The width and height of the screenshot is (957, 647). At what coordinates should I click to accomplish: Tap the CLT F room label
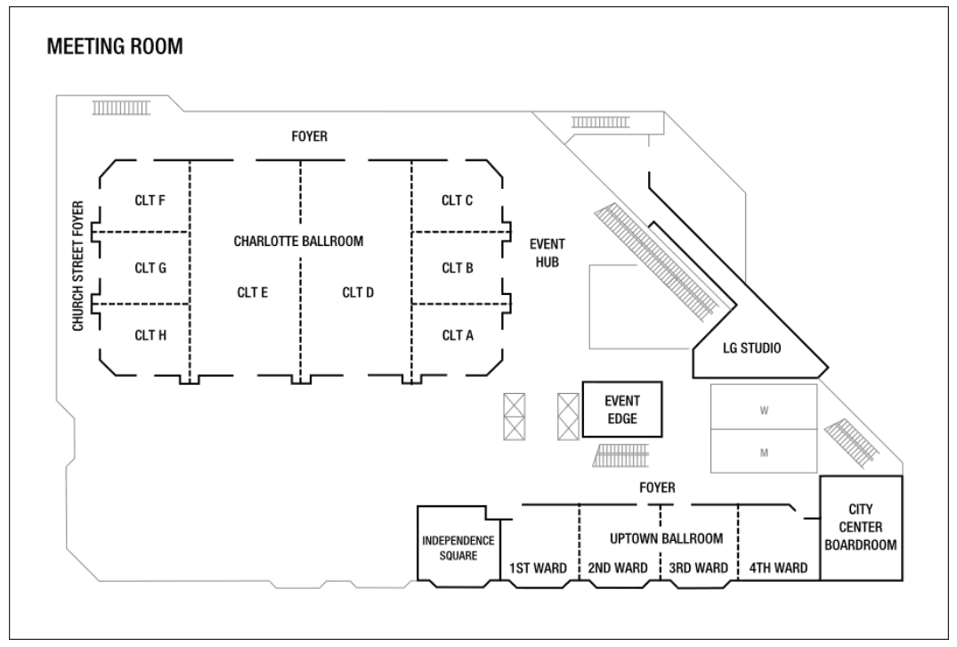pos(150,201)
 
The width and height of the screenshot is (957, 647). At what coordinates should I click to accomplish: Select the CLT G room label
pos(150,267)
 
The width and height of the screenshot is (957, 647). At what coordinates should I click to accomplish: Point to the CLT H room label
pos(150,335)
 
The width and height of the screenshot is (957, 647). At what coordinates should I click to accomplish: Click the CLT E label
pos(253,291)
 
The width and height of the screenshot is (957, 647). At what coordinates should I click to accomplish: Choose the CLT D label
pos(358,291)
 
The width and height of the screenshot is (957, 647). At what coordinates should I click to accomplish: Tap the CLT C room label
pos(457,201)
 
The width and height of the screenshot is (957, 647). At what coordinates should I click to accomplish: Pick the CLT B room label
pos(457,267)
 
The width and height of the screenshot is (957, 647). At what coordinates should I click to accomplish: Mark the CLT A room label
pos(457,335)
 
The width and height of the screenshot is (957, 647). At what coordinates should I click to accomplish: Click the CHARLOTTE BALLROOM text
pos(299,241)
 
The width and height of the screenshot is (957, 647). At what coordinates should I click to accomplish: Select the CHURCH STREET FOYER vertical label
pos(78,266)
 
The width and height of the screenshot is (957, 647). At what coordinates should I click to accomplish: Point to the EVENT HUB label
pos(547,253)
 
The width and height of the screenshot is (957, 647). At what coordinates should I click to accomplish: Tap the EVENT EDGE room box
pos(622,409)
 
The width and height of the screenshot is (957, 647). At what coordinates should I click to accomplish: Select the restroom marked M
pos(764,452)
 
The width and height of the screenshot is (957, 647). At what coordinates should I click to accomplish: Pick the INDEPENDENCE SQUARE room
pos(458,547)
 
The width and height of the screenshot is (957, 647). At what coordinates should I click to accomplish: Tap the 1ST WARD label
pos(538,569)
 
